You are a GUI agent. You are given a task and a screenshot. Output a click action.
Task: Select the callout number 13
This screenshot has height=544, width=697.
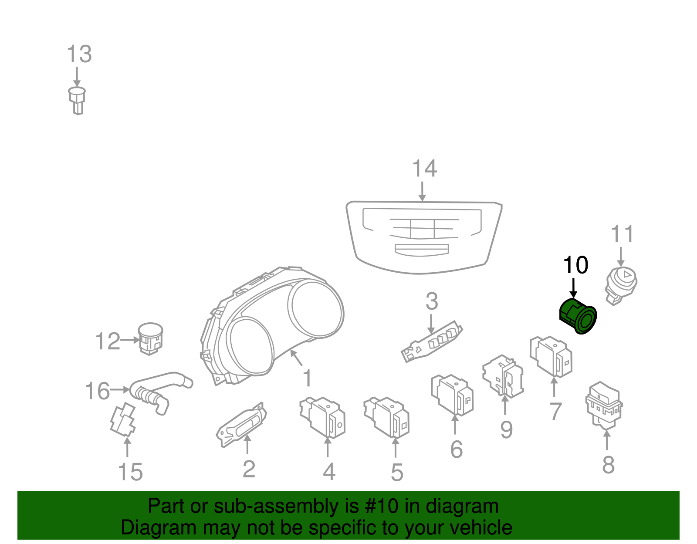pyautogui.click(x=79, y=54)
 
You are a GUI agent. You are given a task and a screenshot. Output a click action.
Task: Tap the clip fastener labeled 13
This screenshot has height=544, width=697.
pyautogui.click(x=77, y=100)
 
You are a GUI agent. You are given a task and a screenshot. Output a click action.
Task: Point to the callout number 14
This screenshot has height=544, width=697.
pyautogui.click(x=424, y=169)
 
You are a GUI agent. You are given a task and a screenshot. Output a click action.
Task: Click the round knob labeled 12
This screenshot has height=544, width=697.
pyautogui.click(x=150, y=338)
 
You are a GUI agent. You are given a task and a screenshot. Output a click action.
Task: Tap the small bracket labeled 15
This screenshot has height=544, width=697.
pyautogui.click(x=123, y=420)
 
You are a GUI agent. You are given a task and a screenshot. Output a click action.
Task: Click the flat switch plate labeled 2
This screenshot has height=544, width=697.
pyautogui.click(x=242, y=425)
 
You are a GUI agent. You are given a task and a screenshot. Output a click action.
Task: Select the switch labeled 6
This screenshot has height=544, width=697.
pyautogui.click(x=453, y=395)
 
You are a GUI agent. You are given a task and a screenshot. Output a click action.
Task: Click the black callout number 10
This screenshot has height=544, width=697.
pyautogui.click(x=575, y=265)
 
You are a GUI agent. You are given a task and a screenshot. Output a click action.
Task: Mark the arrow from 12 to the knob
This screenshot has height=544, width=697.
pyautogui.click(x=129, y=340)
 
